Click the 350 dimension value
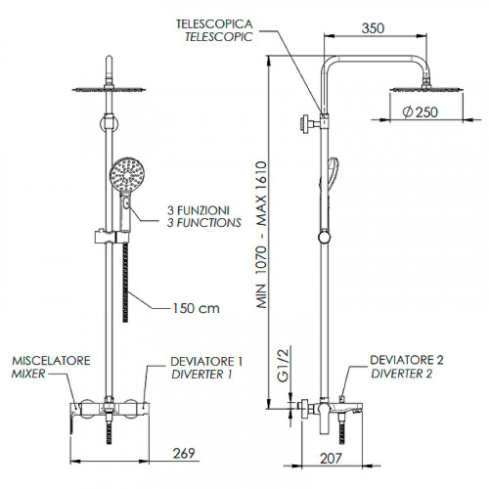[x=373, y=28]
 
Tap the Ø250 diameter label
[x=421, y=112]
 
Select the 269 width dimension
[x=184, y=453]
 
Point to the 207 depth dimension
[x=331, y=458]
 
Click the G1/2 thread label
[x=283, y=365]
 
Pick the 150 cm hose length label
[x=196, y=308]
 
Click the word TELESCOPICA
[x=214, y=23]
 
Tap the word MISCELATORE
[x=51, y=361]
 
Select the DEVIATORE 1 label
[x=206, y=362]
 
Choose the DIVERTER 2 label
[x=402, y=374]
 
